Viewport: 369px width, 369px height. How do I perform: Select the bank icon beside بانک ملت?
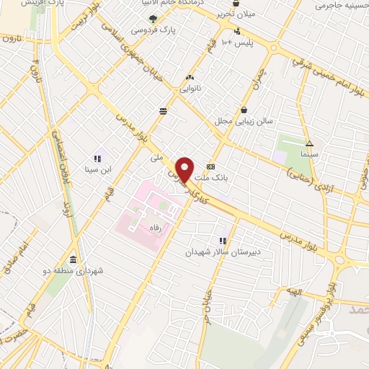(210, 165)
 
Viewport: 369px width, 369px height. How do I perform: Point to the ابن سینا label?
(97, 170)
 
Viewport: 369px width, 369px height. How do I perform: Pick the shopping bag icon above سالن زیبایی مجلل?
(246, 110)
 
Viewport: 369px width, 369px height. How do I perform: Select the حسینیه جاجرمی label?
(342, 5)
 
